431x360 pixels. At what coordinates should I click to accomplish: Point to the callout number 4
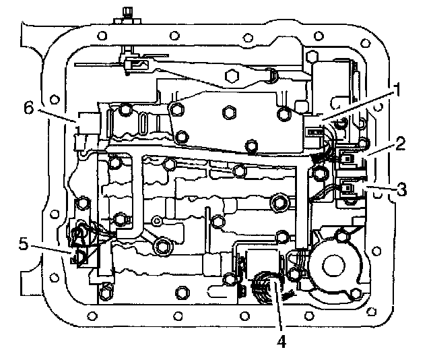coord(281,342)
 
